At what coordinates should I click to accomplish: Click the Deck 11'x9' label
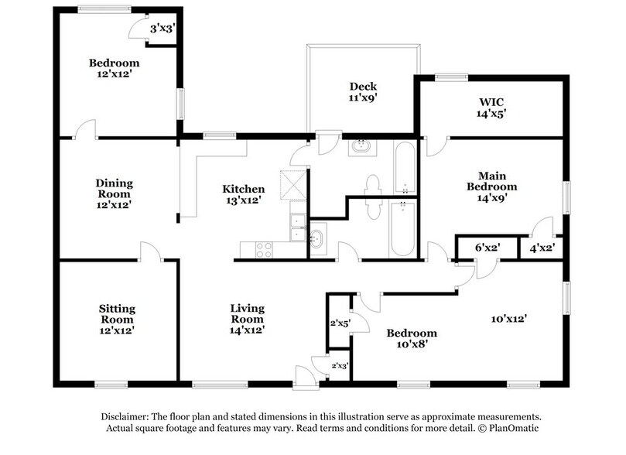(362, 92)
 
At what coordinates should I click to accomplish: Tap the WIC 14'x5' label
(491, 107)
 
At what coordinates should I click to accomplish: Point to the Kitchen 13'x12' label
(244, 194)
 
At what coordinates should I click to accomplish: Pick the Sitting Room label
(117, 313)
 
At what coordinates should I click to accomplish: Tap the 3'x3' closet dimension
(162, 29)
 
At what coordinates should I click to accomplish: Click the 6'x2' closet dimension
(485, 248)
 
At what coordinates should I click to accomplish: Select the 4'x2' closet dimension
(541, 248)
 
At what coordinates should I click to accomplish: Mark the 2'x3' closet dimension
(340, 364)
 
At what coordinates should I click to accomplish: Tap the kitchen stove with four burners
(262, 249)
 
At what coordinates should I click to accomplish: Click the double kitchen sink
(296, 225)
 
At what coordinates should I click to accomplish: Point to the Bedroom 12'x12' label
(114, 69)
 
